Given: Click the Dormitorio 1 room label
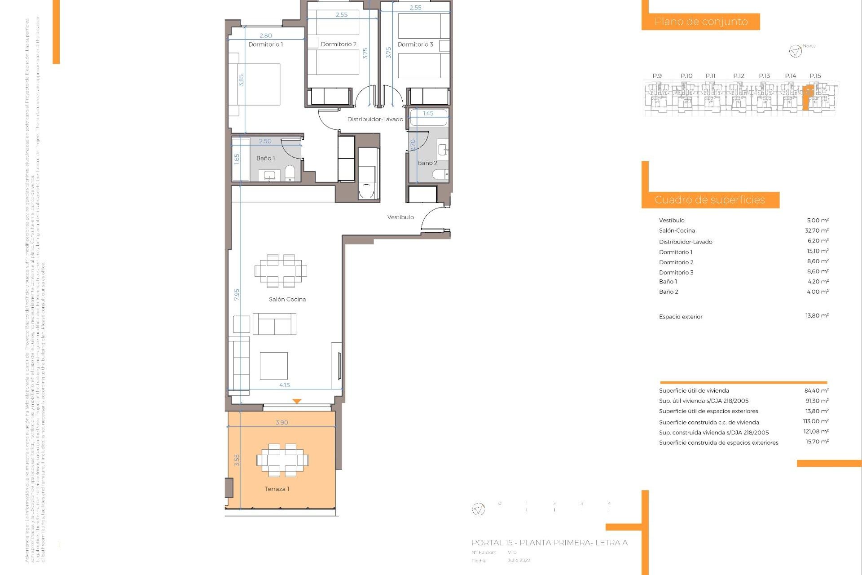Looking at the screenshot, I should tap(265, 44).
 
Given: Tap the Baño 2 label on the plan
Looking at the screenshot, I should tap(427, 163).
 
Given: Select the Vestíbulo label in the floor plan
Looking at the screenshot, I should tap(400, 217).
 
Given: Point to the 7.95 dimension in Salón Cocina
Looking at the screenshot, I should tap(237, 295).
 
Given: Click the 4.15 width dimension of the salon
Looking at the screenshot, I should tap(284, 385).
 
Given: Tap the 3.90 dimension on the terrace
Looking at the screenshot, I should tap(281, 422).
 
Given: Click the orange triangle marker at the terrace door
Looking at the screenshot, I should tap(297, 401).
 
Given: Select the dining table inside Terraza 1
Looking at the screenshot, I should tap(282, 460).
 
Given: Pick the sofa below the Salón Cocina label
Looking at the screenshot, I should tap(274, 324).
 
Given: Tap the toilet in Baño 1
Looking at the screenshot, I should tap(290, 173).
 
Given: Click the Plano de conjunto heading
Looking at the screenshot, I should tap(701, 22).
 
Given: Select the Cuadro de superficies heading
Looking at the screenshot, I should tap(709, 200).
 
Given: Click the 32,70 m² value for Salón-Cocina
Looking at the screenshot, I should tap(816, 230).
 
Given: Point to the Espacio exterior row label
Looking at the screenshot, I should tap(681, 317).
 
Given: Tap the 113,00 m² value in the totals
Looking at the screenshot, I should tap(815, 421).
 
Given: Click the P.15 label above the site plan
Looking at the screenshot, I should tap(815, 76).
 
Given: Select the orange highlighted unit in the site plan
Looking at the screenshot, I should tap(807, 97).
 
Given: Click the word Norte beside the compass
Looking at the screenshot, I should tap(809, 46).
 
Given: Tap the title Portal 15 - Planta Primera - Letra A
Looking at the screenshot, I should tap(549, 543).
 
